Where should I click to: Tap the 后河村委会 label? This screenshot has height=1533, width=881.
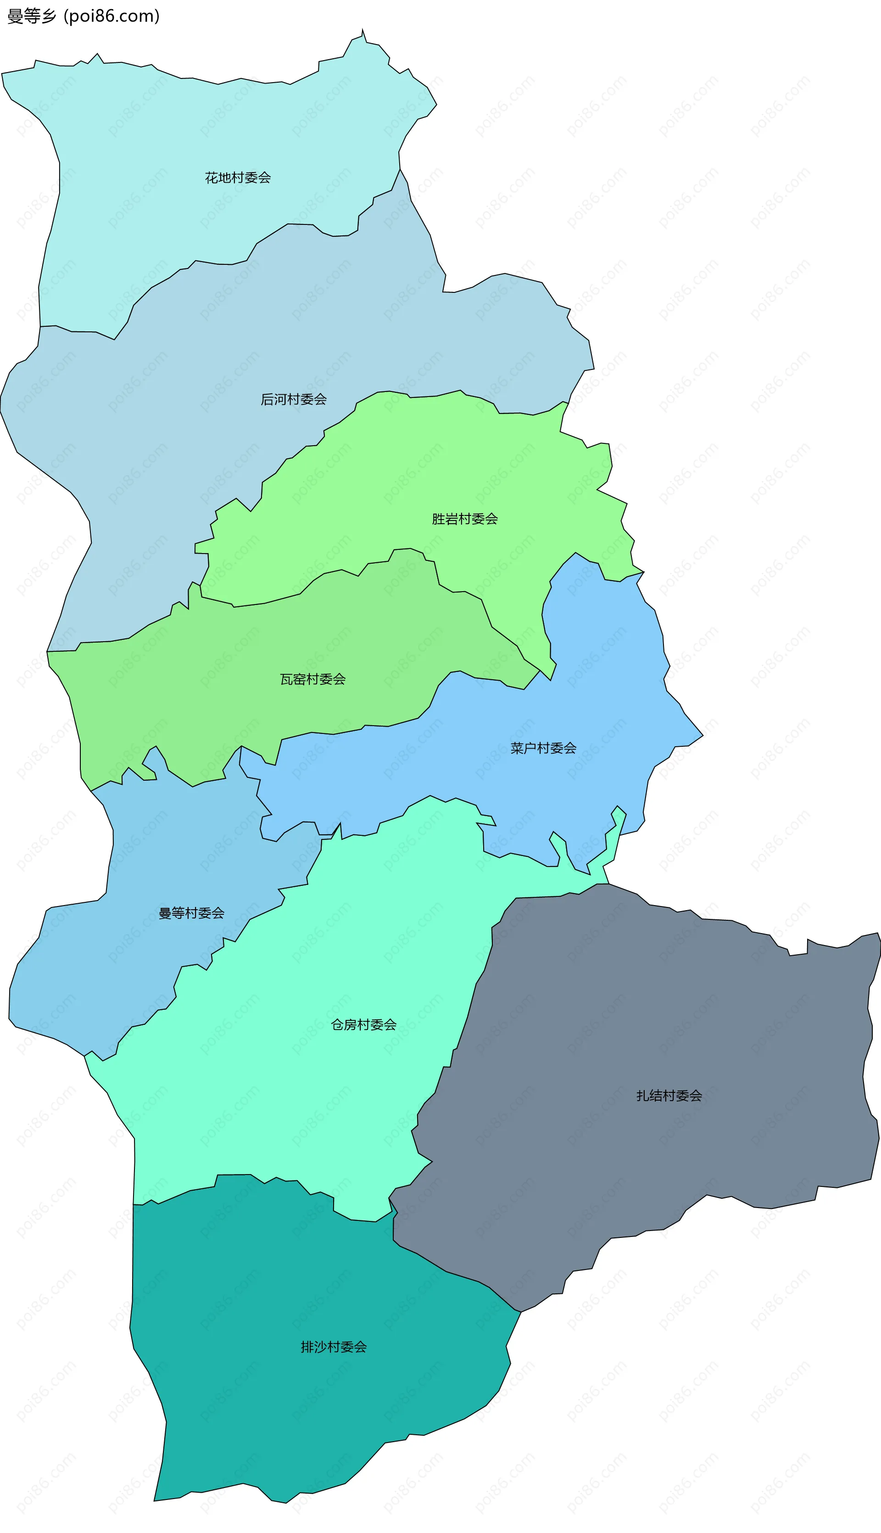click(294, 399)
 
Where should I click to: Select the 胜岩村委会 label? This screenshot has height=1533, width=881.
click(465, 519)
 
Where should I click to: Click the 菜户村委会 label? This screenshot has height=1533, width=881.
click(543, 749)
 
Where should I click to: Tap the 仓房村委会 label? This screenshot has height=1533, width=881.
click(364, 1024)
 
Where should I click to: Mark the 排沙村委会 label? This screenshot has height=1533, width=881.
click(334, 1347)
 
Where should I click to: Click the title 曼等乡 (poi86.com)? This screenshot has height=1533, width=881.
click(84, 16)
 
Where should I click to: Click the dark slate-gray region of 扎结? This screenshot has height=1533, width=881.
click(666, 1029)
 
